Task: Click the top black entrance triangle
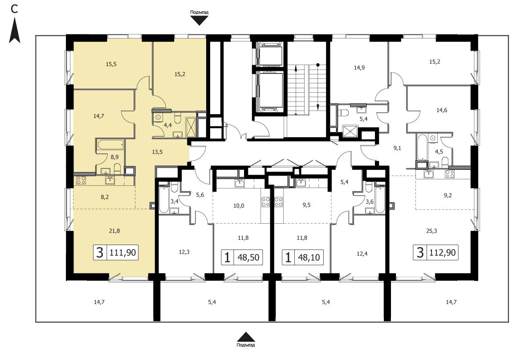click(199, 21)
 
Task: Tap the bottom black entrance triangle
click(246, 337)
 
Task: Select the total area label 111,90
click(123, 253)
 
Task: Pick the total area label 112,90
click(443, 252)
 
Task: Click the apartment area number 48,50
click(248, 258)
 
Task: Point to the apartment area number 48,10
click(309, 258)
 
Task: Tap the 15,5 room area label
click(111, 64)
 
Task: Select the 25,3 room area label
click(431, 231)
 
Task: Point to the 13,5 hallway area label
click(157, 152)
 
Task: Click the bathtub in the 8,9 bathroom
click(110, 145)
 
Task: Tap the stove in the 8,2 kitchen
click(81, 180)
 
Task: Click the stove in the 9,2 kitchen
click(450, 174)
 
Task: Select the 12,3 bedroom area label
click(184, 252)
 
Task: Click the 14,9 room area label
click(359, 68)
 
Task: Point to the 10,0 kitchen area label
click(239, 205)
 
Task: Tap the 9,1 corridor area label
click(397, 148)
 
